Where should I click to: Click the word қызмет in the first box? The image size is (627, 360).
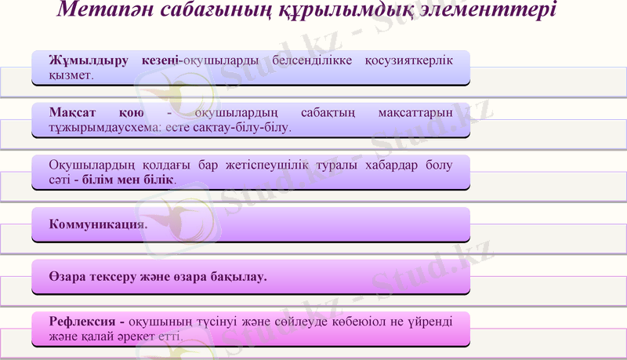point(71,76)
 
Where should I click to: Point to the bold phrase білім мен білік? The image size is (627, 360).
point(130,180)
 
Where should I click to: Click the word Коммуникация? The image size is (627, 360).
point(97,224)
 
